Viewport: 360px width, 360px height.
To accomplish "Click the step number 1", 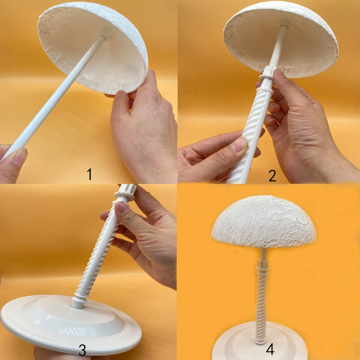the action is pyautogui.click(x=90, y=174).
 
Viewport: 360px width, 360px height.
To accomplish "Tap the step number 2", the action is pyautogui.click(x=272, y=176).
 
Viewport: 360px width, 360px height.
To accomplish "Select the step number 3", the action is pyautogui.click(x=82, y=350).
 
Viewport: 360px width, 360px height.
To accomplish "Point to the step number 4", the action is pyautogui.click(x=270, y=350).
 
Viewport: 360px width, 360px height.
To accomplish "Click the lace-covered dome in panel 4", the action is pyautogui.click(x=264, y=221).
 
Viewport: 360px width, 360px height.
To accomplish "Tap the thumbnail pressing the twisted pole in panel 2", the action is pyautogui.click(x=239, y=144).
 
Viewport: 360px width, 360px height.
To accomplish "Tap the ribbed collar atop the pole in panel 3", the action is pyautogui.click(x=126, y=192).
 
